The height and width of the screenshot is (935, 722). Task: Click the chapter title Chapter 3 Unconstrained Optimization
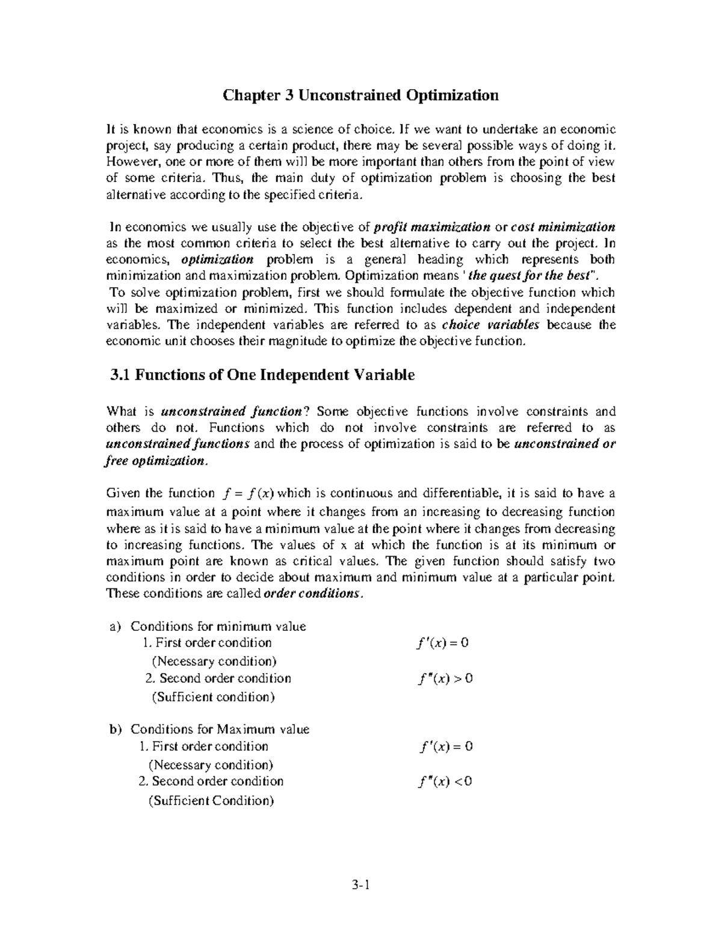(360, 96)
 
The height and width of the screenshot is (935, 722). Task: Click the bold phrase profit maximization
(432, 228)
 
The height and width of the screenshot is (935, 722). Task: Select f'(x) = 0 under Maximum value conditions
(446, 747)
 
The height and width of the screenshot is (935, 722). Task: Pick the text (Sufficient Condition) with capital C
(211, 801)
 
